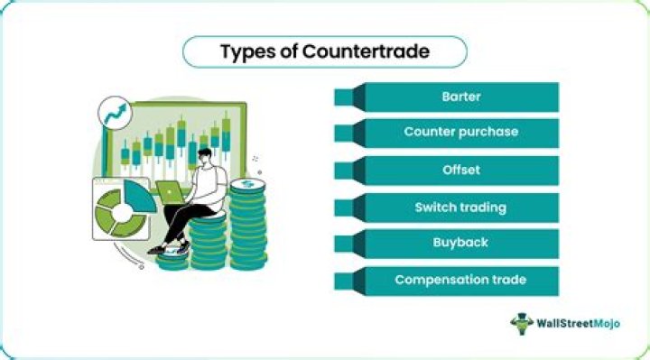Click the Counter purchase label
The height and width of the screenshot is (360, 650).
coord(460,132)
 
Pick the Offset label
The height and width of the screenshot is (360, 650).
coord(462,170)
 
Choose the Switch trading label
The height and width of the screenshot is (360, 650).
coord(460,207)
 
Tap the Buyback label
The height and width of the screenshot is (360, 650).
coord(462,244)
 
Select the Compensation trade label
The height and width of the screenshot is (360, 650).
coord(460,281)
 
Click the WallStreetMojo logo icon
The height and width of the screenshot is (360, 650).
coord(522,323)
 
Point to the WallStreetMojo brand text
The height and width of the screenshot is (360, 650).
coord(579,323)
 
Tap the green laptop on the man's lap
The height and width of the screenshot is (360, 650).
coord(170,190)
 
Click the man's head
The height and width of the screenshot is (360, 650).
coord(207,157)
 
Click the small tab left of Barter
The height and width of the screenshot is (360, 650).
coord(343,95)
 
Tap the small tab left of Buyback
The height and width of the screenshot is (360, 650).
coord(343,244)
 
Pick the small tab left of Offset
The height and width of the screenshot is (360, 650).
coord(343,170)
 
